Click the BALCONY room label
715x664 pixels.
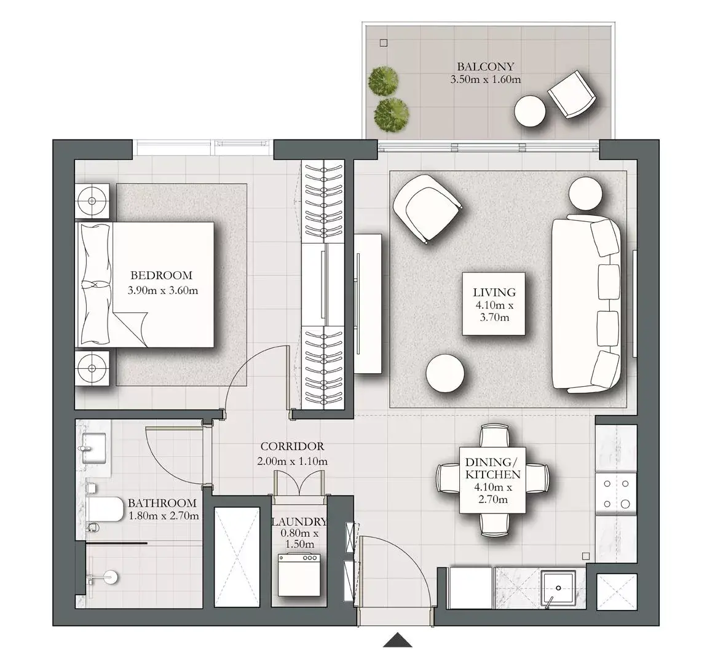click(486, 66)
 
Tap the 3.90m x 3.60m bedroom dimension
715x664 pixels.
click(163, 290)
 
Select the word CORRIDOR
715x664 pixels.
click(292, 446)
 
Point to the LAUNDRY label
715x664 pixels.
click(299, 522)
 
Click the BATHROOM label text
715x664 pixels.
click(162, 503)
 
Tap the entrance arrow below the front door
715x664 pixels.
click(398, 640)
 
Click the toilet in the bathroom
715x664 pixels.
click(105, 510)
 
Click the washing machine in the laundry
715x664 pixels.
click(299, 575)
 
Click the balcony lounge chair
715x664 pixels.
click(571, 95)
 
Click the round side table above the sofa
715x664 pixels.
click(585, 194)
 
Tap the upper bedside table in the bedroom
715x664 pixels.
click(92, 200)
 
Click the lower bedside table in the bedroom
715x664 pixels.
click(92, 368)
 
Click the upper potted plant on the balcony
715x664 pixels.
click(383, 81)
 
